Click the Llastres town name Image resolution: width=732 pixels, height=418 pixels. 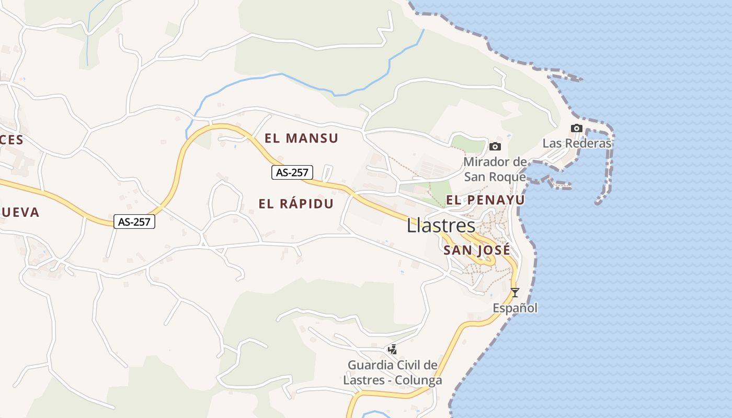441,226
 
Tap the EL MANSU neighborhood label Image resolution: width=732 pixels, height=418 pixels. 301,138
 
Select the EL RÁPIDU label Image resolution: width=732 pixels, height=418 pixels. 296,204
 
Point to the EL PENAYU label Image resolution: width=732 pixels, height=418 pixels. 485,200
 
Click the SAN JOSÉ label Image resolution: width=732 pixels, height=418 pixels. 476,250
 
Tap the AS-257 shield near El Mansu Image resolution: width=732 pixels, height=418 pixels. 292,172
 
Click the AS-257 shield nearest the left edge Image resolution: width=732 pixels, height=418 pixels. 134,222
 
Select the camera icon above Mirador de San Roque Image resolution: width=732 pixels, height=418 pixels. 495,146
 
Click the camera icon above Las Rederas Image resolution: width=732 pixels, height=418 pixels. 576,128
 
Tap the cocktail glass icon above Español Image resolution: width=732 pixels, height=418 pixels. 515,293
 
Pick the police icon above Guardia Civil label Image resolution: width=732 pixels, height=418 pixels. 392,350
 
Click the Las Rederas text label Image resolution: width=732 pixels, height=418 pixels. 577,143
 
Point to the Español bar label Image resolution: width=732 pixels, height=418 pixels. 515,308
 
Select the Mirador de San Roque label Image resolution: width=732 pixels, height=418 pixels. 495,169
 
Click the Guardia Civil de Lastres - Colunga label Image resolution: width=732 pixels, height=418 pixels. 392,373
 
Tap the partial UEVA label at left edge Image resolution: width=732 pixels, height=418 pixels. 19,212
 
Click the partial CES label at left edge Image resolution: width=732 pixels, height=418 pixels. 12,140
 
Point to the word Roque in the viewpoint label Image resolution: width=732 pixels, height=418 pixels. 508,177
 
